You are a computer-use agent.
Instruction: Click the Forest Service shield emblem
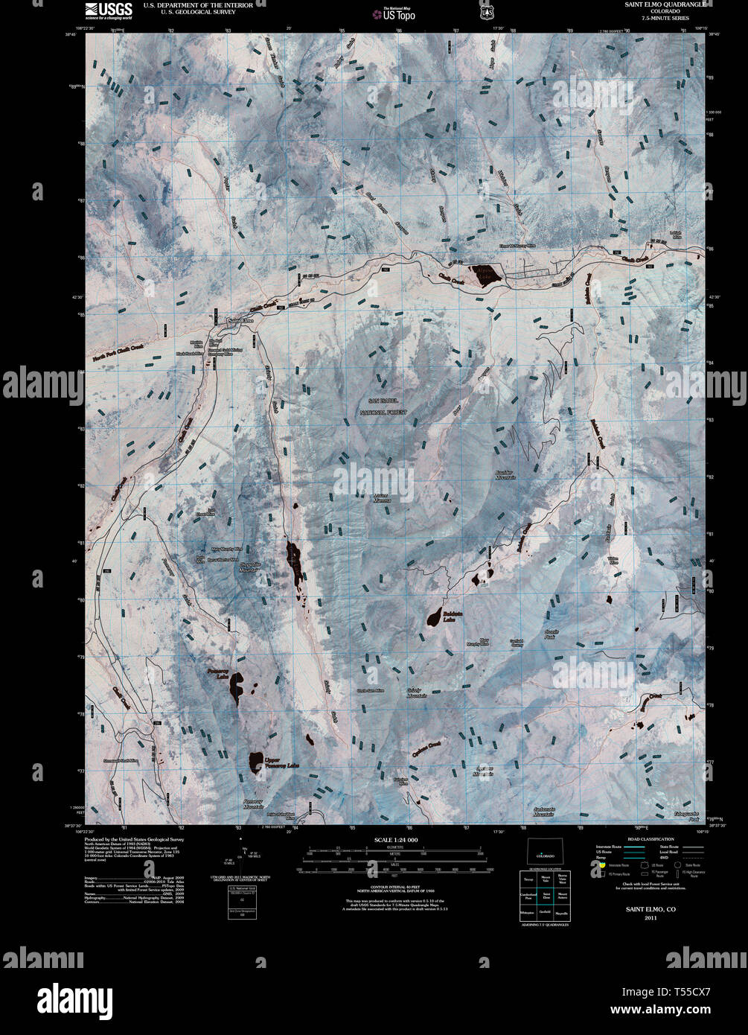point(487,11)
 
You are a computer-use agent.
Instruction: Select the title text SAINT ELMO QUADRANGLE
point(656,4)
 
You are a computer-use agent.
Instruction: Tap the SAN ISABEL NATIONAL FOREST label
point(384,407)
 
